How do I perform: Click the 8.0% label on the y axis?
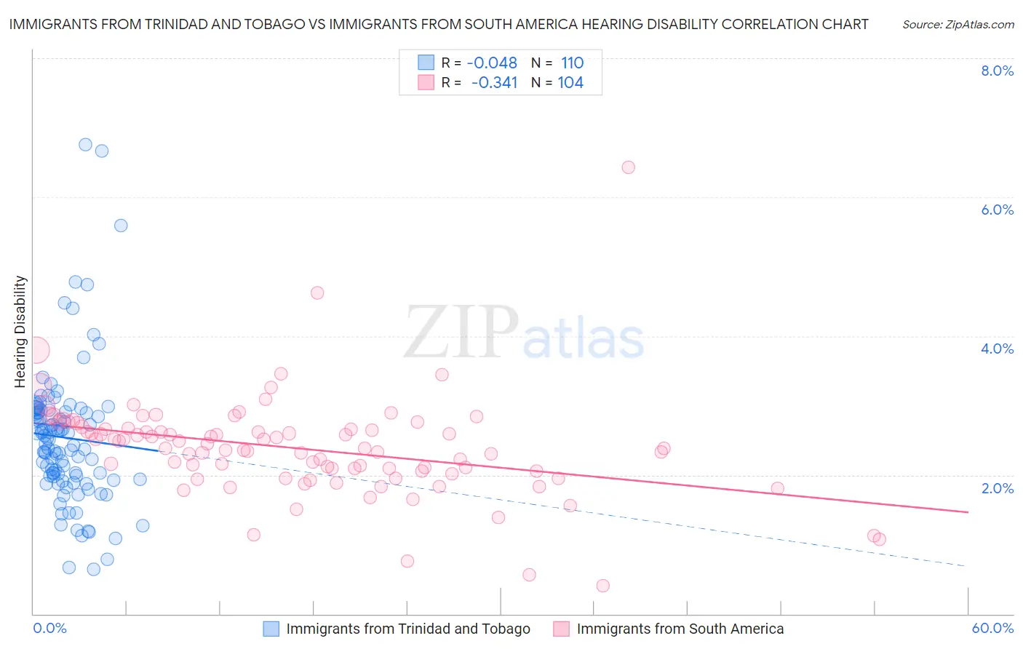(997, 71)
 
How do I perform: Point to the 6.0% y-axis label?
(997, 210)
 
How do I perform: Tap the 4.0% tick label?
(997, 349)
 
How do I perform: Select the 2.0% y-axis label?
(997, 487)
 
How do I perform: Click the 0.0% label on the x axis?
(49, 628)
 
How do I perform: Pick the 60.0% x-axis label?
(992, 628)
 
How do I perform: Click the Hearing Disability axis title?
(20, 331)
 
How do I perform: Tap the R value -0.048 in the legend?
(492, 63)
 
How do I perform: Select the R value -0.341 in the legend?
(494, 83)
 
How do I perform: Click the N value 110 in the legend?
(572, 63)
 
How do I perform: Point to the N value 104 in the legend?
(570, 83)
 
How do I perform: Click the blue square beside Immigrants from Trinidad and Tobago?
(271, 629)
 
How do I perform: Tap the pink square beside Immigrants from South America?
(561, 629)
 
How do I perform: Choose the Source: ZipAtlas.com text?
(958, 25)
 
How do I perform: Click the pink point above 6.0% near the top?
(628, 167)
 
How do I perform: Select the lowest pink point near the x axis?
(602, 586)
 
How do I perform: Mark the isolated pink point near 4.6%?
(317, 293)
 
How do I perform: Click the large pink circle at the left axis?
(36, 351)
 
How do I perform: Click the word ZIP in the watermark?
(461, 332)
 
